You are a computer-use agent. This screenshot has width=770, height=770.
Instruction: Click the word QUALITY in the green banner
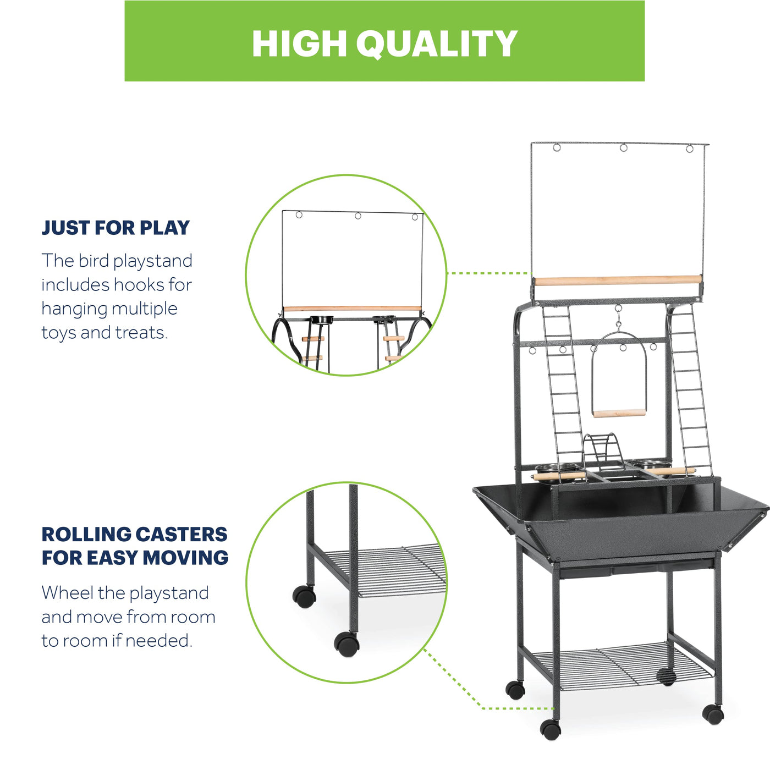pos(437,44)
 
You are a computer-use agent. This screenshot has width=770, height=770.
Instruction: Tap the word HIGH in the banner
pos(299,44)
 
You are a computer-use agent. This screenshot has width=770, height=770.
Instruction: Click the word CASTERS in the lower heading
pos(182,534)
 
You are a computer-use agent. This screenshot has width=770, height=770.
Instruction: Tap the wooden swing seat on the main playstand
pos(619,413)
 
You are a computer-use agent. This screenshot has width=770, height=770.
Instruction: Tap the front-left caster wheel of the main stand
pos(551,729)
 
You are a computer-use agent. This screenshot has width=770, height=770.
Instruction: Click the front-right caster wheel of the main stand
pos(713,714)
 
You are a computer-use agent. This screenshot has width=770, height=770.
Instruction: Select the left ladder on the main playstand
pos(563,394)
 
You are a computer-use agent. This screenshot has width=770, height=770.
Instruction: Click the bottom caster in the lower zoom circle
pos(346,644)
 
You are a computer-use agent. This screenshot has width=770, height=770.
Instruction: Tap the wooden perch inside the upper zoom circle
pos(352,309)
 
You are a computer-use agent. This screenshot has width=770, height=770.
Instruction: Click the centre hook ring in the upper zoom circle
pos(358,216)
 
